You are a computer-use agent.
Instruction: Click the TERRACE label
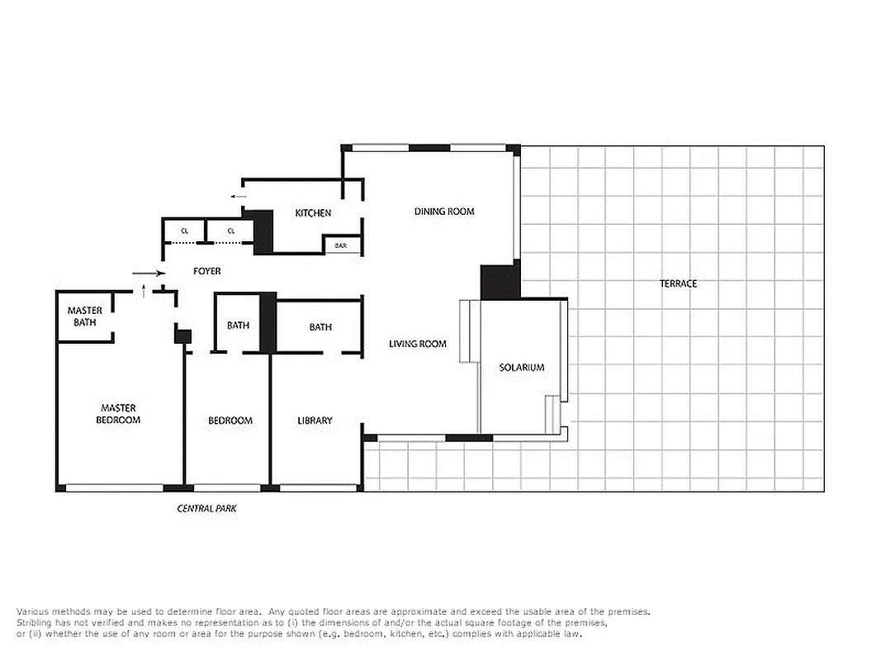[678, 283]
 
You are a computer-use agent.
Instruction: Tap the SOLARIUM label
[522, 367]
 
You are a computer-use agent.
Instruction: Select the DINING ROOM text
[444, 212]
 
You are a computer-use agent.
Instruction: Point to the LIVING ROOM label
[418, 344]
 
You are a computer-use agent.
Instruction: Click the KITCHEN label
[313, 213]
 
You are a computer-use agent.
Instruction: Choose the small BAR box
[340, 245]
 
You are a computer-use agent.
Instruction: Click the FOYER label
[206, 271]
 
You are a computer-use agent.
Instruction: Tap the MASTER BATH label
[85, 316]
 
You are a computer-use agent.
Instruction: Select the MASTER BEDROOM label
[118, 414]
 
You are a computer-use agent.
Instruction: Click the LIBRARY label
[315, 421]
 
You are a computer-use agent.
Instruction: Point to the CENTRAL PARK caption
[206, 508]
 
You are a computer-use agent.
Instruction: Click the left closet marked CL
[185, 231]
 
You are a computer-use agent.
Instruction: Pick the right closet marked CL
[230, 231]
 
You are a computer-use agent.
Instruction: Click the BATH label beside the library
[320, 327]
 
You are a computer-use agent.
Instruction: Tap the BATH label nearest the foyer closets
[238, 326]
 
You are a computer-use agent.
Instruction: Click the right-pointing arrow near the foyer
[148, 273]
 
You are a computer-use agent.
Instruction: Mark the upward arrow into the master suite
[144, 290]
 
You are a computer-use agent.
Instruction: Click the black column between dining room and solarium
[500, 282]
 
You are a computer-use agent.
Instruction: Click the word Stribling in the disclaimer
[36, 623]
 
